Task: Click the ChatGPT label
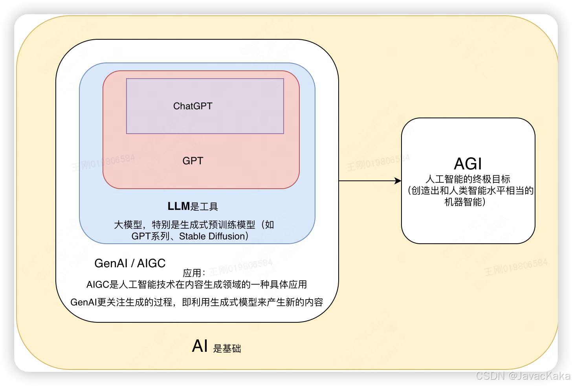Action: click(x=192, y=106)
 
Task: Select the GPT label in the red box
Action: click(x=192, y=161)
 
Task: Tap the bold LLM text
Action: click(x=179, y=206)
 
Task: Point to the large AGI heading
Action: click(x=467, y=164)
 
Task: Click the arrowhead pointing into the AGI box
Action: click(x=398, y=181)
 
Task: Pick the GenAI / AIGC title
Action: click(x=130, y=263)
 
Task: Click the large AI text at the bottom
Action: click(x=200, y=346)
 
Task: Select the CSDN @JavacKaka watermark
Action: click(x=522, y=375)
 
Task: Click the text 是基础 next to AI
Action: click(x=227, y=349)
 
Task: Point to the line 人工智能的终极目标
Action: click(x=467, y=179)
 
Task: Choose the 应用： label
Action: click(x=194, y=273)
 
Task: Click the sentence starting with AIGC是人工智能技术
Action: click(x=196, y=285)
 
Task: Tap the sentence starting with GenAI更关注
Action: click(x=196, y=302)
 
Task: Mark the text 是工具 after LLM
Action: click(x=204, y=207)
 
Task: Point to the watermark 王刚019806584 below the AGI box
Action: click(x=515, y=267)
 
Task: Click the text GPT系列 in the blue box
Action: click(x=150, y=236)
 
